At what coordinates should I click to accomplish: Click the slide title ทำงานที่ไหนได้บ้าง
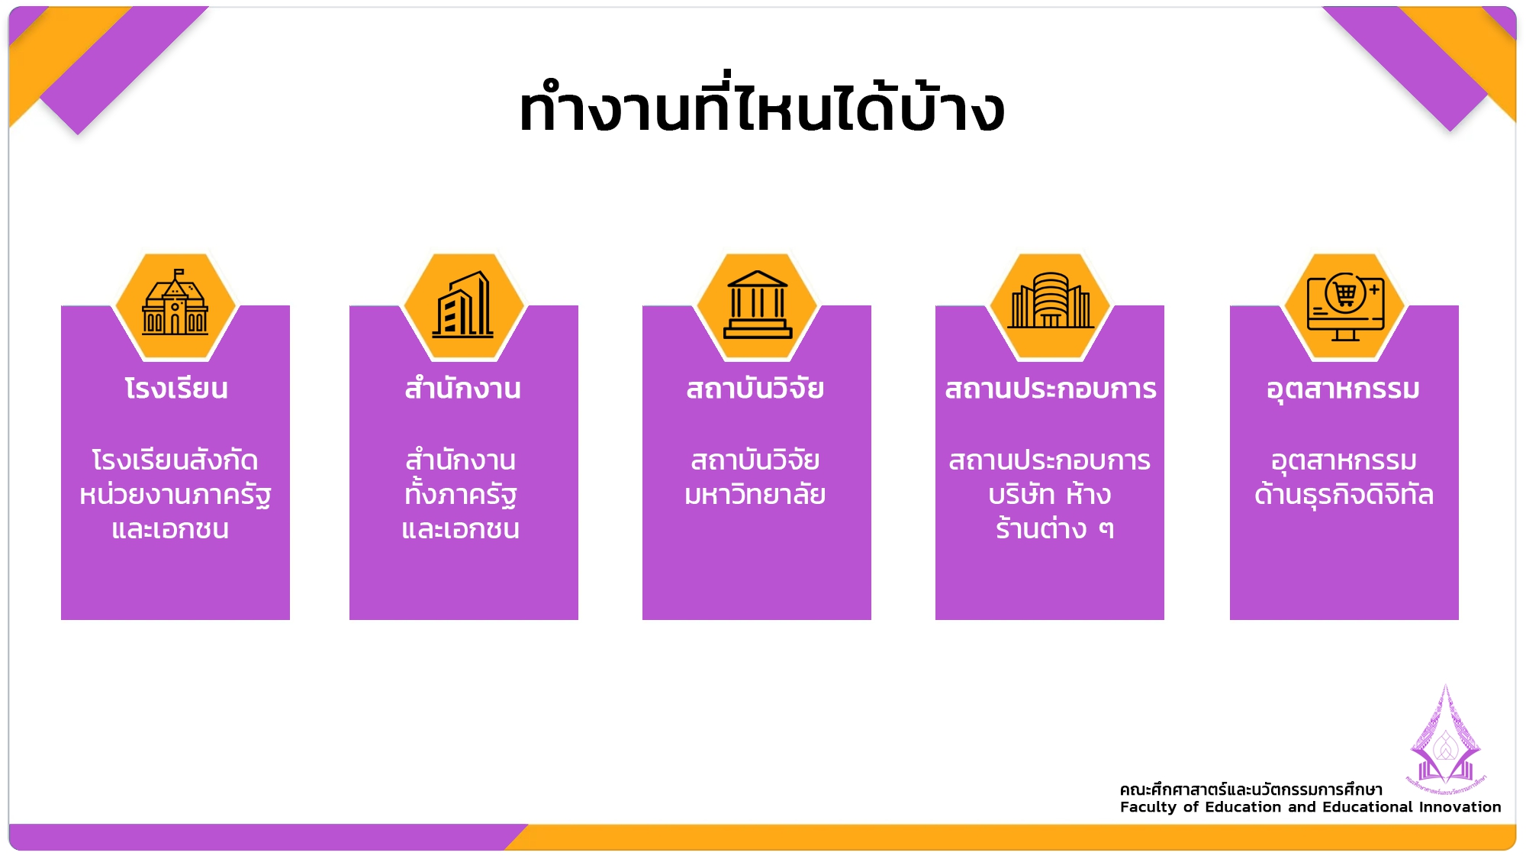click(x=761, y=107)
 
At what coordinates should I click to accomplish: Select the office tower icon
click(x=463, y=304)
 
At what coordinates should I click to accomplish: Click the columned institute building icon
click(x=757, y=304)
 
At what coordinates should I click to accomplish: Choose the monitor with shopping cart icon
click(x=1345, y=306)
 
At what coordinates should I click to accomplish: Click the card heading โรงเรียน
click(x=176, y=389)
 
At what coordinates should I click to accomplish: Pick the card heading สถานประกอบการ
click(x=1051, y=389)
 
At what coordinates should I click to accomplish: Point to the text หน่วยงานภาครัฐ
click(x=175, y=495)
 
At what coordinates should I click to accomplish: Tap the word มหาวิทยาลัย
click(x=755, y=494)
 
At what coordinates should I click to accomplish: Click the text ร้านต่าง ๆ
click(x=1054, y=528)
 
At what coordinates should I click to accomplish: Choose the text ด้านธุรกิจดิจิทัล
click(x=1344, y=494)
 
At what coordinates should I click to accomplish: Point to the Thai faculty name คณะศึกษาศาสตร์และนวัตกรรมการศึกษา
click(x=1251, y=790)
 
